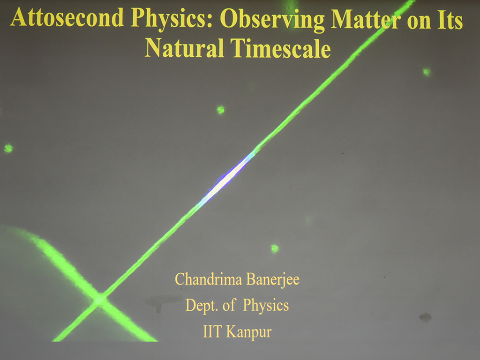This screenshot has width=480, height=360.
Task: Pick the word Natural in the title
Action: point(184,48)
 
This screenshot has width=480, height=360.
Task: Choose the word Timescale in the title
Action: point(281,48)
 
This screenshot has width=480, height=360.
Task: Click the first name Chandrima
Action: point(209,279)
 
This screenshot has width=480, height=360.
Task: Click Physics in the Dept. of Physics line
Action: point(266,306)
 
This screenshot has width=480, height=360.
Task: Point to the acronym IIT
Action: point(212,331)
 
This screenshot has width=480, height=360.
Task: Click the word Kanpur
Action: point(248,332)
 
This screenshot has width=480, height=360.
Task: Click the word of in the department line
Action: point(229,305)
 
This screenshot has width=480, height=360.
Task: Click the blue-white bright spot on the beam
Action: point(226,179)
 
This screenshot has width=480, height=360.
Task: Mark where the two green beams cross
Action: point(99,300)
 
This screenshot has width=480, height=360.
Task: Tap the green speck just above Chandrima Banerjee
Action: point(275,248)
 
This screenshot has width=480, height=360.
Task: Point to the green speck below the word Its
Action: point(427,72)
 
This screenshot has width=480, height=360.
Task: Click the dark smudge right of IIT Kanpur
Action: point(425,317)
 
